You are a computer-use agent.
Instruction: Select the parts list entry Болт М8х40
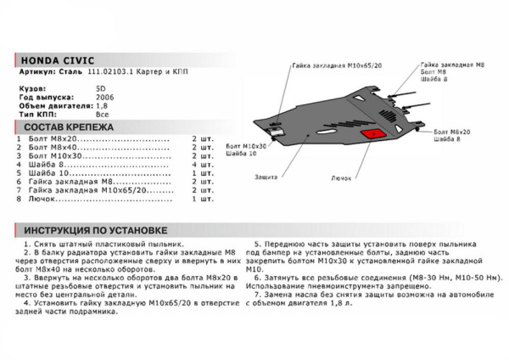[48, 147]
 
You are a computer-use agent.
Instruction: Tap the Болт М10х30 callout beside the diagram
[247, 146]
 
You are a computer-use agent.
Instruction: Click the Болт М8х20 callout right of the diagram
[451, 133]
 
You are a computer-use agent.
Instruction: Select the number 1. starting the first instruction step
[27, 243]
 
